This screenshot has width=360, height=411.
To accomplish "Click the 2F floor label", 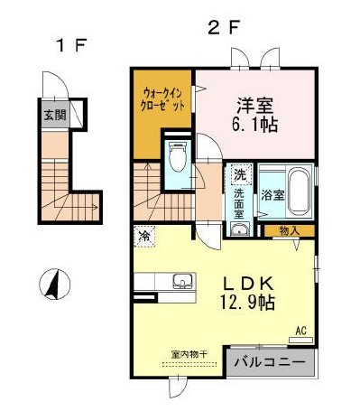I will pyautogui.click(x=224, y=26).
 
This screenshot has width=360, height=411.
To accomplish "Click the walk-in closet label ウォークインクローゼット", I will pyautogui.click(x=162, y=98).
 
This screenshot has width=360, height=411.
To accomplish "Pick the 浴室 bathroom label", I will pyautogui.click(x=273, y=193).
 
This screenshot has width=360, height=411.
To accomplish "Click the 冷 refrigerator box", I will pyautogui.click(x=144, y=236).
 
